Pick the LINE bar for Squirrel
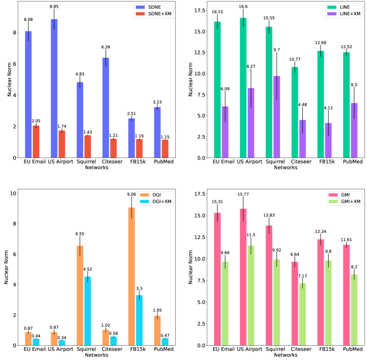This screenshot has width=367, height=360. pos(269,92)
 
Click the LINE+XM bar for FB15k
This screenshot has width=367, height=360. pos(328,141)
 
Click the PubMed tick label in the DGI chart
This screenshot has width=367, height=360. pos(162,350)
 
